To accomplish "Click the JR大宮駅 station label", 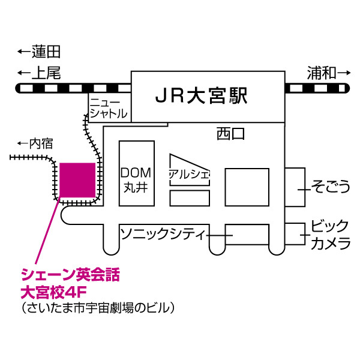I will click(x=201, y=95).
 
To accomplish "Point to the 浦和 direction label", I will click(x=321, y=73).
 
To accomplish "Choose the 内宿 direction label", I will click(x=42, y=143).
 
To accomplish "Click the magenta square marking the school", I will click(x=77, y=180).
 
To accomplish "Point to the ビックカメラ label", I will click(x=330, y=235).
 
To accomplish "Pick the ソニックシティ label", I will click(x=163, y=233).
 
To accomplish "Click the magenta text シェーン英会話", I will click(x=71, y=277).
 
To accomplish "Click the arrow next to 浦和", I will click(x=343, y=73).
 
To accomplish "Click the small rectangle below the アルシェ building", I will click(x=190, y=197).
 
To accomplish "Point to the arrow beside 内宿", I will click(x=23, y=143).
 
